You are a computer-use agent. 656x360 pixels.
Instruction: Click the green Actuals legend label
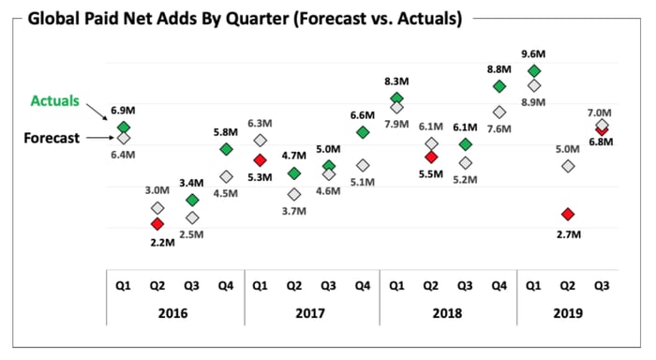[54, 101]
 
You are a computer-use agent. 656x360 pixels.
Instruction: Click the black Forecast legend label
[52, 138]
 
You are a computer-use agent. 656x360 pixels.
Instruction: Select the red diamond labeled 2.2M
[157, 224]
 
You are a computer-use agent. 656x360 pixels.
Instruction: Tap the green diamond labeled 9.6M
[534, 71]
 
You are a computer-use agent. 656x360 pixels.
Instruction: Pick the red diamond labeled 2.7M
[568, 215]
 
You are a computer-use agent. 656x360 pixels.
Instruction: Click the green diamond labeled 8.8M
[499, 86]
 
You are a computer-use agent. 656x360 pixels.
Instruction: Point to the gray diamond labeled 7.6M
[499, 112]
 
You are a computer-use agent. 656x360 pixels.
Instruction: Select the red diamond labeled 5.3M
[260, 160]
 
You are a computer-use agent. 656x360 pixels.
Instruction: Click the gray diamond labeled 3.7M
[294, 194]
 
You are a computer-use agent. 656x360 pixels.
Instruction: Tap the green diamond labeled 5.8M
[226, 149]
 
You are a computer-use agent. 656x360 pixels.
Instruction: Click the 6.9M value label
[123, 111]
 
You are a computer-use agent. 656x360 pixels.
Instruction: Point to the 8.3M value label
[396, 82]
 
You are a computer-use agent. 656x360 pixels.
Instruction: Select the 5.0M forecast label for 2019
[568, 149]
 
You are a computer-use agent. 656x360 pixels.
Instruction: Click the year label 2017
[310, 313]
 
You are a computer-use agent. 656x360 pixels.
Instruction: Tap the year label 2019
[568, 313]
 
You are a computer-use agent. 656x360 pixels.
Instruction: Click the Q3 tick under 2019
[602, 286]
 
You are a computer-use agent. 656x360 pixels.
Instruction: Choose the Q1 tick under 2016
[123, 286]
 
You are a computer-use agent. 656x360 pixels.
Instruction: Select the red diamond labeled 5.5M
[431, 157]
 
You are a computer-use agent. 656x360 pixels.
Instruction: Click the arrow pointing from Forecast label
[100, 138]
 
